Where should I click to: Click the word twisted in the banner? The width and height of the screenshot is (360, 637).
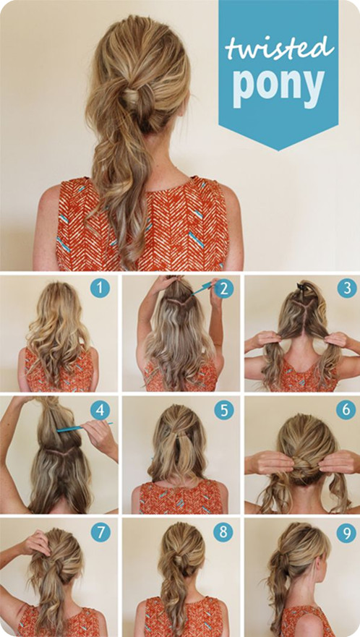(x=280, y=48)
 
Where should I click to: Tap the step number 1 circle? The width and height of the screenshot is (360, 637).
(x=100, y=288)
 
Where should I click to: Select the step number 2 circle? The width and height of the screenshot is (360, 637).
(x=224, y=288)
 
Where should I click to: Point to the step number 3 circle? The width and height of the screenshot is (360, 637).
(x=347, y=288)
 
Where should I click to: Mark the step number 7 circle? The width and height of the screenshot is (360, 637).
(x=100, y=532)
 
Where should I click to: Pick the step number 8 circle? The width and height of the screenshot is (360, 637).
(x=224, y=532)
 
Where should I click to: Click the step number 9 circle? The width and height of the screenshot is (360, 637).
(x=346, y=532)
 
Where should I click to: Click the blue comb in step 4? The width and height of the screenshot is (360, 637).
(x=84, y=427)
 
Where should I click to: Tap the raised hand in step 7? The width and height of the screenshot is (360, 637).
(x=37, y=542)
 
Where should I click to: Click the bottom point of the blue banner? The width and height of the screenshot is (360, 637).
(x=278, y=150)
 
